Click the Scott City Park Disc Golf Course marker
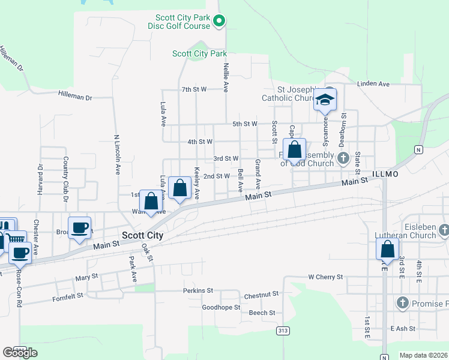coord(219,22)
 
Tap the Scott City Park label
coord(199,53)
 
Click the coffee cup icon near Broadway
coord(79,228)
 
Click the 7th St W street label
coord(194,89)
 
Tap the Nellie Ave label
coord(226,77)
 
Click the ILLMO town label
coord(385,173)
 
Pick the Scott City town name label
coord(142,236)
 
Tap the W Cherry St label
coord(325,277)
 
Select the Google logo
coord(20,353)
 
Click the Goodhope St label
coord(221,307)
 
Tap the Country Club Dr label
coord(65,175)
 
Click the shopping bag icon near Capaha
coord(294,149)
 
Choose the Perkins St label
coord(198,290)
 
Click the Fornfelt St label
coord(70,298)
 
